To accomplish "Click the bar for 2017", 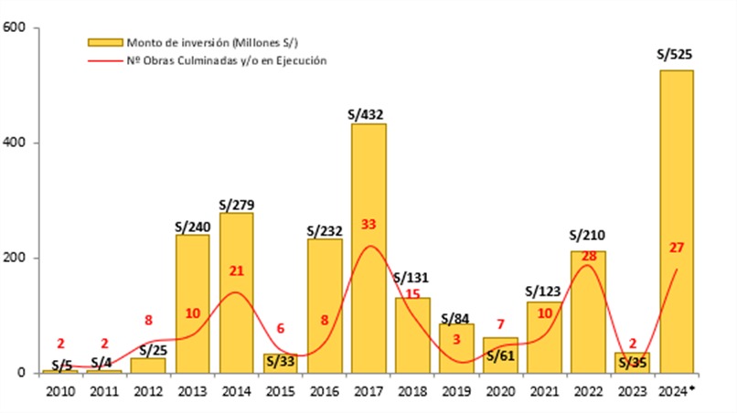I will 368,248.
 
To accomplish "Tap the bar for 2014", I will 237,292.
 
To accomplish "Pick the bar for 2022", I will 588,312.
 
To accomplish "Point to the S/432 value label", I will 366,115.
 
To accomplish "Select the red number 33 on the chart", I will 368,224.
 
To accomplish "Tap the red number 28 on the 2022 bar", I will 588,255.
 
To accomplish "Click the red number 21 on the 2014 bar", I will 237,271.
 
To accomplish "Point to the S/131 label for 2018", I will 411,278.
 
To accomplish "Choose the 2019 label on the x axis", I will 456,391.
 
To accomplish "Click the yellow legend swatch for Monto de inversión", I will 103,42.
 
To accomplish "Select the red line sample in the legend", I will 103,60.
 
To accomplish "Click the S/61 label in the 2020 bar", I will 500,355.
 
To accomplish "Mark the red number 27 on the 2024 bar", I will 677,246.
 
